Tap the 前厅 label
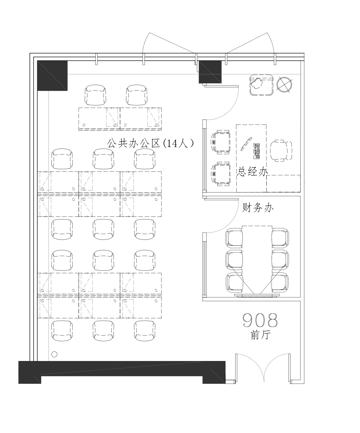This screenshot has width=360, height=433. point(260,335)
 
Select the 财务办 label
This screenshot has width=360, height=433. point(258,208)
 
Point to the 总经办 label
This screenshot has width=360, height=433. point(252,172)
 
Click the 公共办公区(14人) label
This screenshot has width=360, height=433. point(150,143)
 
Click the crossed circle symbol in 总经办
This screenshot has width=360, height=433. point(284,85)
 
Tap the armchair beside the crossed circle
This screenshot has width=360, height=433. point(261,85)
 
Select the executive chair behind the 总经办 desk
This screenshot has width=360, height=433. point(281,151)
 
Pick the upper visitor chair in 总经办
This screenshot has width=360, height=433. point(221,142)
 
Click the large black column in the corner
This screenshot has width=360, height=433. point(52,76)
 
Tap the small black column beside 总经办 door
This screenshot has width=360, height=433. point(210,72)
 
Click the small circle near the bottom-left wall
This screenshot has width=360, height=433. point(54,354)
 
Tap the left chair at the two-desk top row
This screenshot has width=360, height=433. point(95,95)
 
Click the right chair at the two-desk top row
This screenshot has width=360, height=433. point(137,95)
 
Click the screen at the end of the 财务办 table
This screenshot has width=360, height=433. point(257,295)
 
